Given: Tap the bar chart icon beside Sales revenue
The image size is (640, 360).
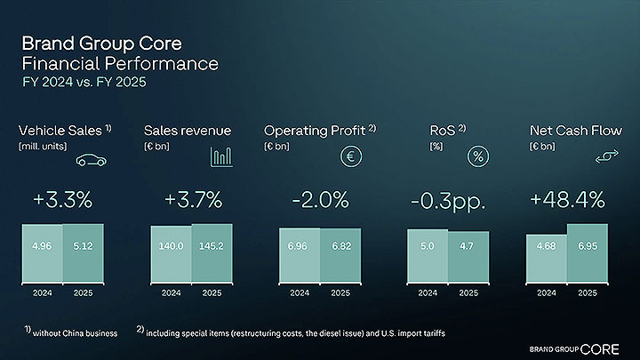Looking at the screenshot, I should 221,157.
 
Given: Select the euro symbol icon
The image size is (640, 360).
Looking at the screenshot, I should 351,157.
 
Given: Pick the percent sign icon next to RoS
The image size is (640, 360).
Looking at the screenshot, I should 480,157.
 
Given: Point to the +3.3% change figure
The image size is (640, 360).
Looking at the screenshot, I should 62,200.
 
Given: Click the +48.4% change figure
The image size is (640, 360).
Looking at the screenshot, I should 567,200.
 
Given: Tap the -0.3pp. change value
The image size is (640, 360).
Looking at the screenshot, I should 448,200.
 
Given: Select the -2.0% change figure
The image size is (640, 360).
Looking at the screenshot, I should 320,200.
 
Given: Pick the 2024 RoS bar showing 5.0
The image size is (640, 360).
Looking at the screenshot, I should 427,256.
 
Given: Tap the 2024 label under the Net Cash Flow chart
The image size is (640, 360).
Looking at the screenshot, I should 547,292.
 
